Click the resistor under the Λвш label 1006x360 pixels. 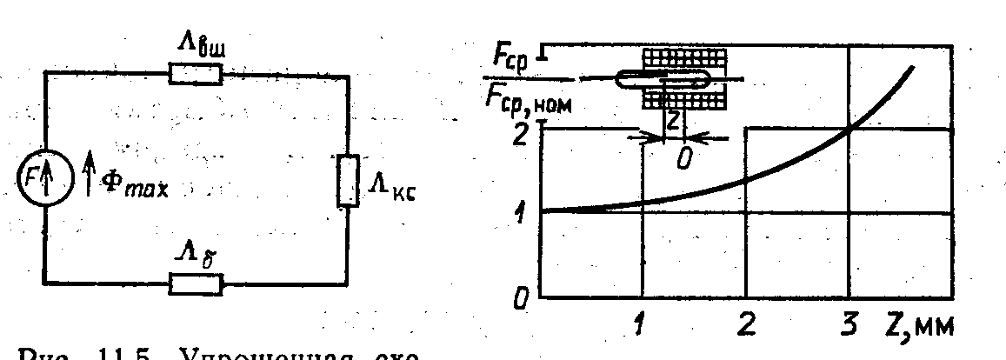(196, 75)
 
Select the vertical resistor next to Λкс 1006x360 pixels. (348, 181)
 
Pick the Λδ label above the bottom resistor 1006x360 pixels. (195, 254)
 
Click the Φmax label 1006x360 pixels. (130, 187)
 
